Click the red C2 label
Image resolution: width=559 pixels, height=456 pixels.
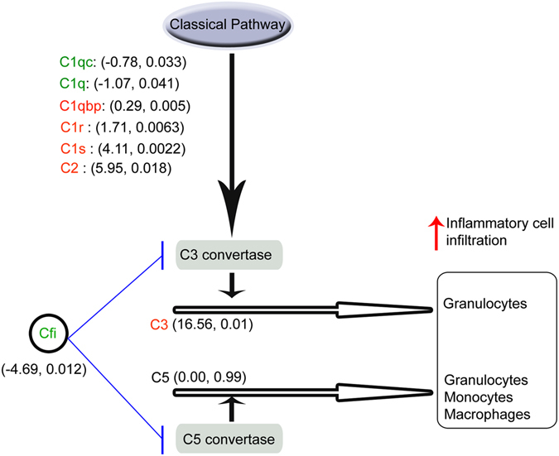[x=68, y=170]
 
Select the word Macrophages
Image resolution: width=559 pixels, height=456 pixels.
[x=484, y=412]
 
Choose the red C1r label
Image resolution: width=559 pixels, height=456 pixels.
[x=69, y=127]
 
